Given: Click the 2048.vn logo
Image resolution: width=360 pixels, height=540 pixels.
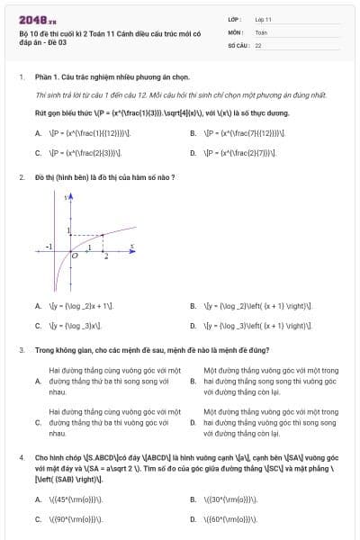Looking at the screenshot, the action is point(37,19).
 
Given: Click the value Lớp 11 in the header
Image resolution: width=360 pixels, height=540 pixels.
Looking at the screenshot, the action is point(264,19).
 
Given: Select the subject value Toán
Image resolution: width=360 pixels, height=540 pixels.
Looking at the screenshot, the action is point(261,31).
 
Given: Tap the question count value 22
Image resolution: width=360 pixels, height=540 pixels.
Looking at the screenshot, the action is point(258,44).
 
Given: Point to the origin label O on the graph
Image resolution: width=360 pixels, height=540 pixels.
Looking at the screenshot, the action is point(76,256).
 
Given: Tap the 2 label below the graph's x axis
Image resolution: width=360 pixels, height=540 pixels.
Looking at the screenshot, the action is point(106,257).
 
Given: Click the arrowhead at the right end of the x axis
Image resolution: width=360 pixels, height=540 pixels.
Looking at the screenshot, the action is point(135,249).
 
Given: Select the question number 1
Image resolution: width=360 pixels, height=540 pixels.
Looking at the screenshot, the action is point(21,77).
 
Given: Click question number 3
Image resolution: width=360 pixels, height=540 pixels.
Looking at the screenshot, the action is point(21,349).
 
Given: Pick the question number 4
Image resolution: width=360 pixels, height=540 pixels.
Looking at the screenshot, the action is point(21,457).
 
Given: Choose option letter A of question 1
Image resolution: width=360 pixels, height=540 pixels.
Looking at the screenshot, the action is point(39,133).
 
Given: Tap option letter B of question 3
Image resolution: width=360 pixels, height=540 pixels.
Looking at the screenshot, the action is point(193,381).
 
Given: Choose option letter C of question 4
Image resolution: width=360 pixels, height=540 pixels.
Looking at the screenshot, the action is point(39,519).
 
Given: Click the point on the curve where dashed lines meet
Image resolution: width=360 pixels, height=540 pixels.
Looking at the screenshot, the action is point(103,236).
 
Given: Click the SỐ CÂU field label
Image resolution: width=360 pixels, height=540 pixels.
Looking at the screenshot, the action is point(238,44).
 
